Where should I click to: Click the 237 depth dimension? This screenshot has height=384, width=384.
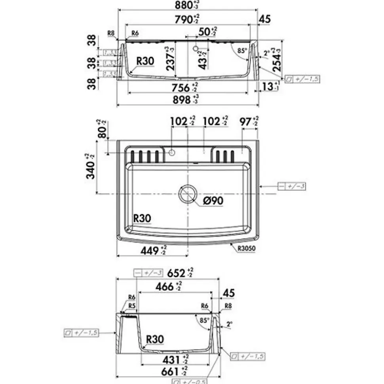pyautogui.click(x=170, y=59)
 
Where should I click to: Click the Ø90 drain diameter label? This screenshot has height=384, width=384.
pyautogui.click(x=213, y=201)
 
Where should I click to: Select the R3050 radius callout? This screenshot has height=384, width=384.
pyautogui.click(x=248, y=249)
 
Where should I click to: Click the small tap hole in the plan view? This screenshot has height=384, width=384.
pyautogui.click(x=172, y=152)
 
